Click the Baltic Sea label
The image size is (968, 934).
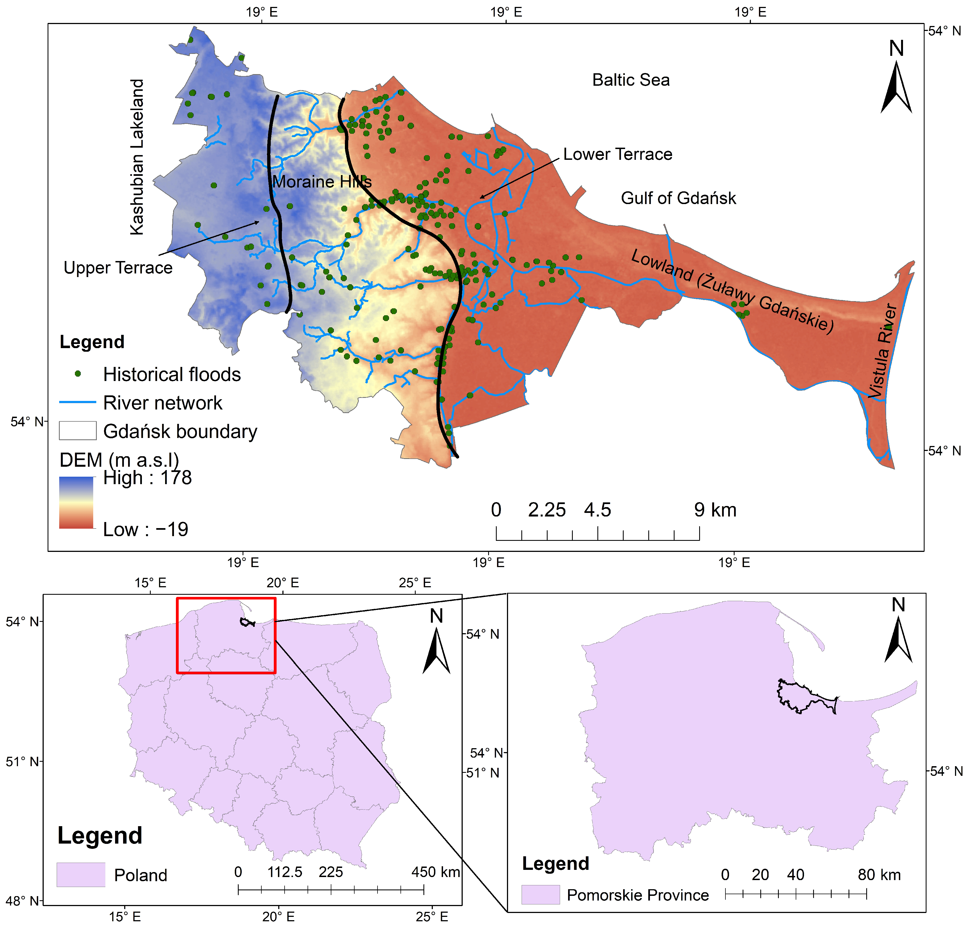click(631, 80)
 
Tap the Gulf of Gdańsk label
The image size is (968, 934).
click(678, 198)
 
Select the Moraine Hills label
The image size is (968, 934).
click(322, 182)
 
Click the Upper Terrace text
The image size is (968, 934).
click(118, 268)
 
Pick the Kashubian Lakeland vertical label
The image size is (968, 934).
click(137, 157)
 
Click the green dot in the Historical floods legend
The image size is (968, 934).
click(77, 374)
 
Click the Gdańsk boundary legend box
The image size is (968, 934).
click(77, 431)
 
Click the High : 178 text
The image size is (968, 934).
click(147, 478)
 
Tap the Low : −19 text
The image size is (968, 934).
click(146, 530)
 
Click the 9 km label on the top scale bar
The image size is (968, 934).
click(715, 510)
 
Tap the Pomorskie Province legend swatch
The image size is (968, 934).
click(540, 894)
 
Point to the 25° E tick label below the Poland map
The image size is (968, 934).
click(432, 917)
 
